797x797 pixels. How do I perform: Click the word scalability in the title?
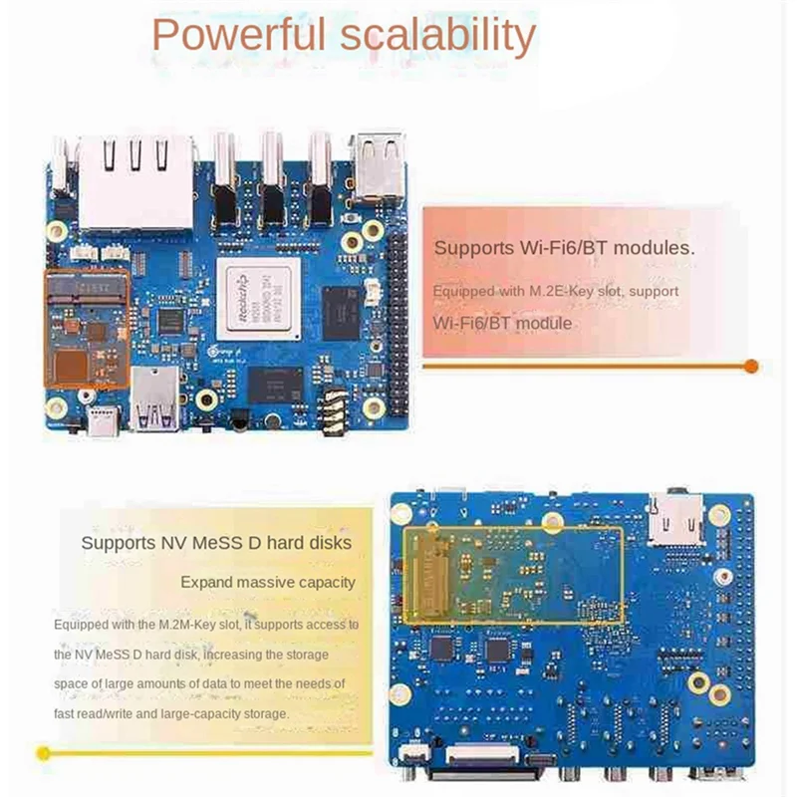pos(435,36)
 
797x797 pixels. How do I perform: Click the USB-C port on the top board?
pos(101,425)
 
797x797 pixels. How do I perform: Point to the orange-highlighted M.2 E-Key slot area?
pos(87,328)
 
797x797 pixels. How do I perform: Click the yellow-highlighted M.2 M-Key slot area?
pos(512,575)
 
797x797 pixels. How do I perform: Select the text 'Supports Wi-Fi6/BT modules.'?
pos(564,248)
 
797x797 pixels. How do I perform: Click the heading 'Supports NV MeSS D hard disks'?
pos(216,543)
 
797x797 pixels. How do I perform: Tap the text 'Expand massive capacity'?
pos(267,582)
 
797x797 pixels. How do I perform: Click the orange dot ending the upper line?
pos(752,366)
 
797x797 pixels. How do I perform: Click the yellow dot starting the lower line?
pos(42,752)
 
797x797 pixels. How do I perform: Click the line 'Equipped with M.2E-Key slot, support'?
pos(555,291)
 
